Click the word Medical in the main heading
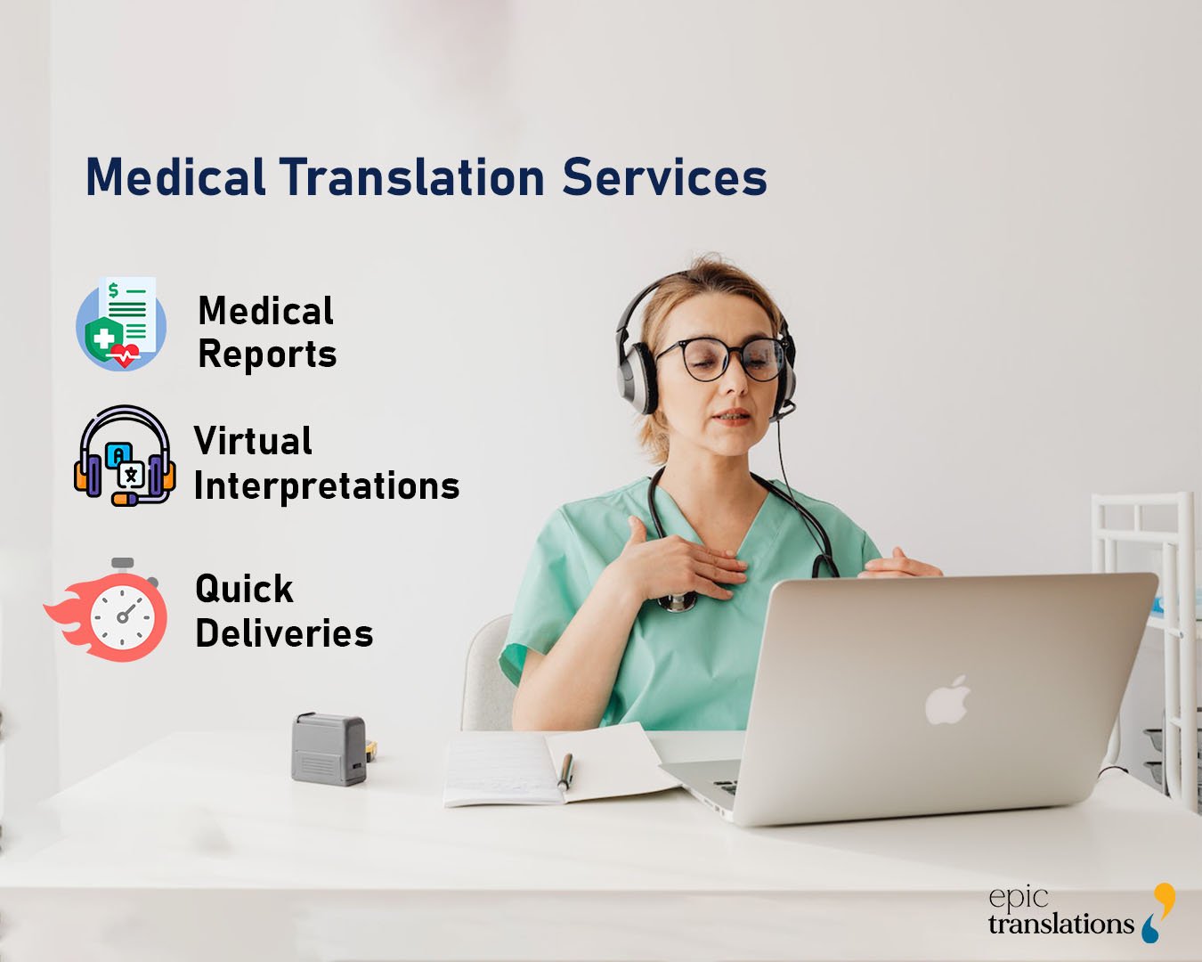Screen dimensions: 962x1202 coord(175,176)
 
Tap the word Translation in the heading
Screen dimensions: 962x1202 coord(412,176)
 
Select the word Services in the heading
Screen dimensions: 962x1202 coord(664,176)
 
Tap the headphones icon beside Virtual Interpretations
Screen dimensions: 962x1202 coord(124,456)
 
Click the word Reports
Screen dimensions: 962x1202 coord(267,355)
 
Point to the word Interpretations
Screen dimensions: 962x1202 coord(326,486)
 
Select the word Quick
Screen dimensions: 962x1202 coord(244,589)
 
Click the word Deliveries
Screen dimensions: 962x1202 coord(284,633)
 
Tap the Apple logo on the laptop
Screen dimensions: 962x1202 coord(947,700)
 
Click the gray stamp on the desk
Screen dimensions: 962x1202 coord(329,748)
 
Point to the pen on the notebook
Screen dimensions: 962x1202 coord(564,770)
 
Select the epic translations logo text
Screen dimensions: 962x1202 coord(1060,912)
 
